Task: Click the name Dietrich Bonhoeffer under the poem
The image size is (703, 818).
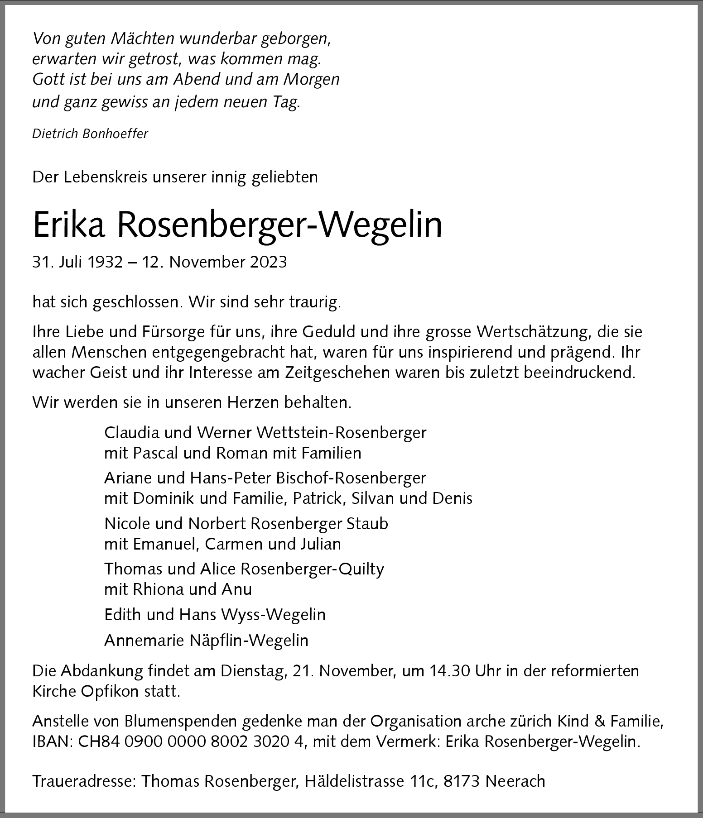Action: click(x=90, y=134)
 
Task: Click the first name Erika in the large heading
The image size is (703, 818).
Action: click(x=68, y=225)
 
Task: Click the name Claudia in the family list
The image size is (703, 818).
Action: click(x=131, y=433)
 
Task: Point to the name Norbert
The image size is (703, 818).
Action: click(x=217, y=524)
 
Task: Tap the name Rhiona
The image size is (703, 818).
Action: click(x=154, y=589)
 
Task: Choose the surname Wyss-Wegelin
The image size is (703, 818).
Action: click(x=273, y=615)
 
